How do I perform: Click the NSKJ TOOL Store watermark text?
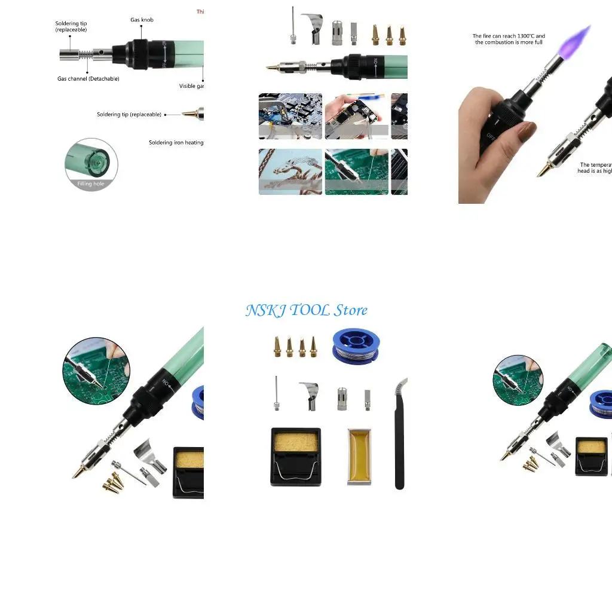point(306,310)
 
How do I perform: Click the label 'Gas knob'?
point(142,20)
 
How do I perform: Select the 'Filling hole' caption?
point(91,183)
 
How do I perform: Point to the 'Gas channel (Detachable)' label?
point(88,78)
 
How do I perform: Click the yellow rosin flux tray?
point(359,456)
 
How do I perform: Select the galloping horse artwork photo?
point(290,172)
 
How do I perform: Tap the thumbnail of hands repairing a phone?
point(356,116)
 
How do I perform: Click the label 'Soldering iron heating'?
point(176,142)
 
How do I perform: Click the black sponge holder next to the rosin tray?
point(296,456)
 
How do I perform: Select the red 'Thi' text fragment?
point(200,11)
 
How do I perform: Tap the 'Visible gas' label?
point(192,86)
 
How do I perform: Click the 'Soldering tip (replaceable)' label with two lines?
point(71,26)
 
